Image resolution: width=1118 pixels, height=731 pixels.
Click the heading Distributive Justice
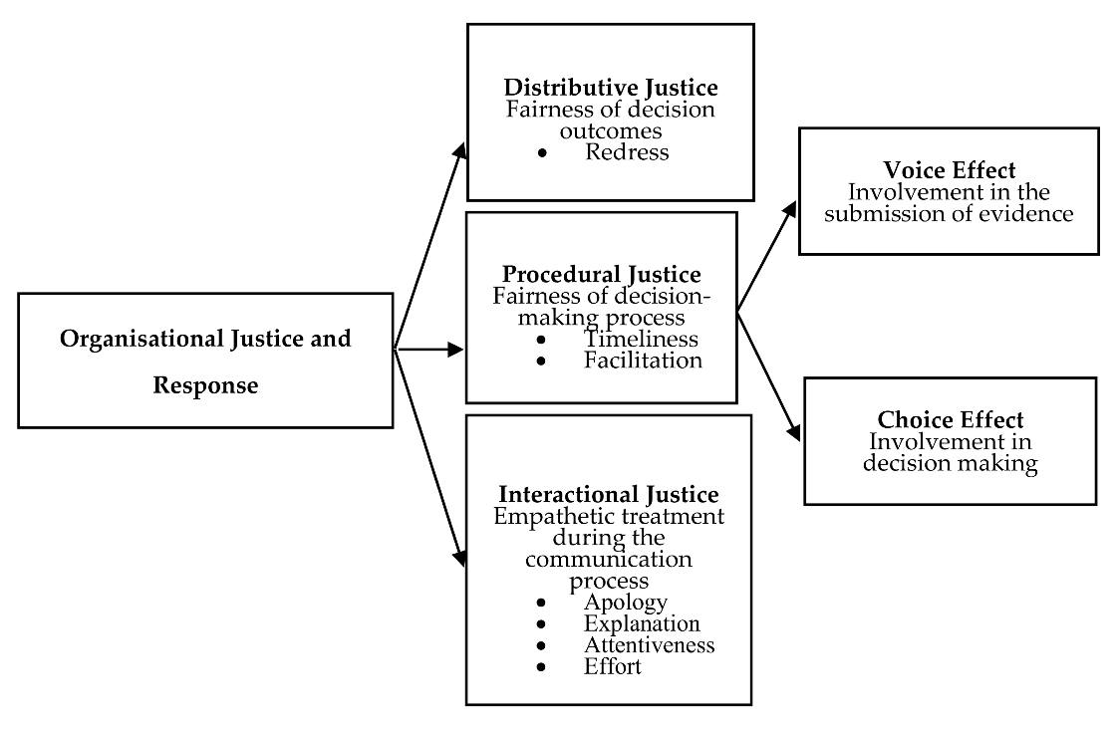(x=610, y=87)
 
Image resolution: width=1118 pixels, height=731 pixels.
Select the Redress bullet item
(x=627, y=152)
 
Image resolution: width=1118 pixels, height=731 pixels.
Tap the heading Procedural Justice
(x=601, y=274)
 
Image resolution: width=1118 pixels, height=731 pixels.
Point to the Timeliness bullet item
(x=641, y=339)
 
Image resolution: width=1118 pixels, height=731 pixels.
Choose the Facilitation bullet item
(x=643, y=360)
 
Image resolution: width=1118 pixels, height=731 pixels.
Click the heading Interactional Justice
(x=608, y=494)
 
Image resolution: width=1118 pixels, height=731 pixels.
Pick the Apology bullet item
(x=625, y=603)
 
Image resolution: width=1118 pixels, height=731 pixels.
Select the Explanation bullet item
(x=642, y=623)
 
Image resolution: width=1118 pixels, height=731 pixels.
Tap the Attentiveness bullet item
(x=649, y=644)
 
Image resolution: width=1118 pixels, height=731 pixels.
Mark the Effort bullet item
(x=613, y=666)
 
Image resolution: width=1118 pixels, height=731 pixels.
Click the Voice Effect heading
(x=949, y=169)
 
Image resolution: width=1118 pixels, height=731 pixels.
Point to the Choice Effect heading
(x=950, y=419)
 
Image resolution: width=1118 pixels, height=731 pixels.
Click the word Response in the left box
(x=205, y=385)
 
